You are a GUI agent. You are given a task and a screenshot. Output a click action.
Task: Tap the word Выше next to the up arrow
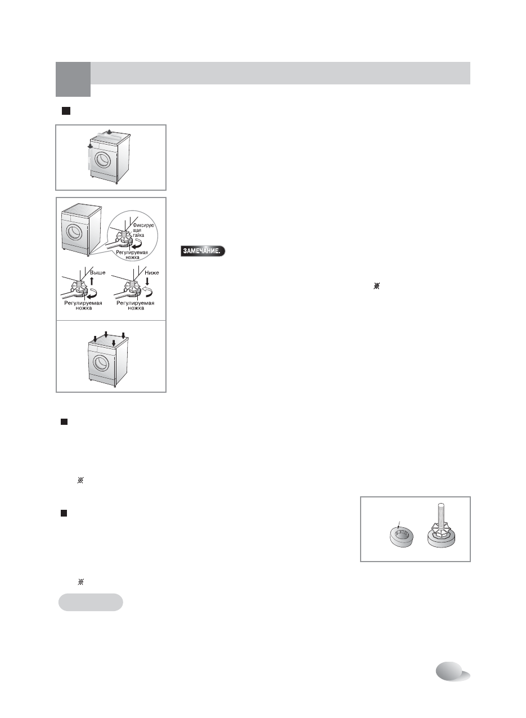pyautogui.click(x=98, y=272)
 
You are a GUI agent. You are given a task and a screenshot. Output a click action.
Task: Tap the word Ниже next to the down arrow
pyautogui.click(x=151, y=272)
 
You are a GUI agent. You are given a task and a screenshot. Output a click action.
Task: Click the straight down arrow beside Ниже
pyautogui.click(x=147, y=281)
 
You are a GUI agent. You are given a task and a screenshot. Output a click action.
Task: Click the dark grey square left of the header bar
pyautogui.click(x=73, y=79)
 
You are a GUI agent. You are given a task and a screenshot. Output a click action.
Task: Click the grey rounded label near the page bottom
pyautogui.click(x=91, y=602)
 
